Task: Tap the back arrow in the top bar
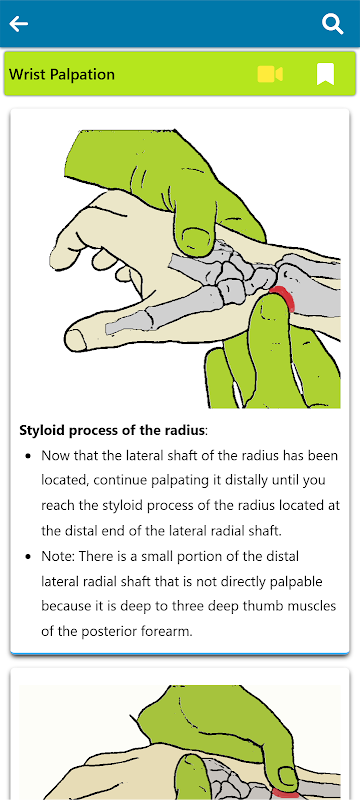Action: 19,24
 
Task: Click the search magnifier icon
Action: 332,24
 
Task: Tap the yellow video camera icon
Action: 270,74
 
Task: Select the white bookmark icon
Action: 325,74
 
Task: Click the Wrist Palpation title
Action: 62,74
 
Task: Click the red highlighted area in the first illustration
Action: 284,298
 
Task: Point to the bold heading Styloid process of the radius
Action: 112,430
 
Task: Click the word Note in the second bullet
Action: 56,556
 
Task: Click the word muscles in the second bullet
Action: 313,606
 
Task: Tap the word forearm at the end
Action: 167,631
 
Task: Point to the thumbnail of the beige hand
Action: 77,338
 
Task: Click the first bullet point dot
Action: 29,455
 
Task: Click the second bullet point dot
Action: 29,556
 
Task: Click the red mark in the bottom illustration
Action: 289,794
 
